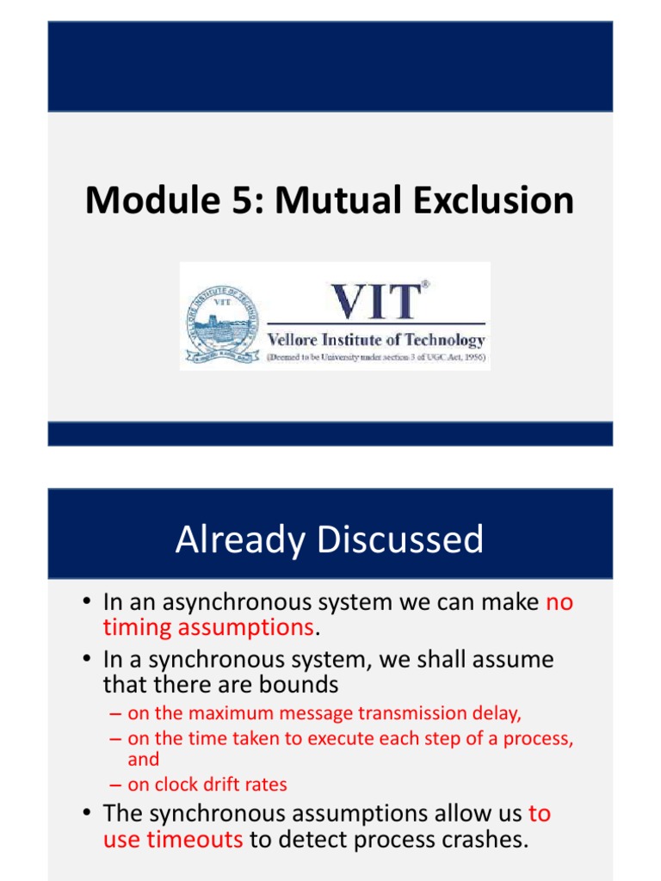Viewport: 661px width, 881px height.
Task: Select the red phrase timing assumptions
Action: tap(208, 628)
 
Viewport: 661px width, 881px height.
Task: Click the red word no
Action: tap(559, 602)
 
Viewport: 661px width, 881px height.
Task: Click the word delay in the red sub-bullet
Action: tap(499, 713)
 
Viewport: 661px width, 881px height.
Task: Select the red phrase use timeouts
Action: tap(173, 840)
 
